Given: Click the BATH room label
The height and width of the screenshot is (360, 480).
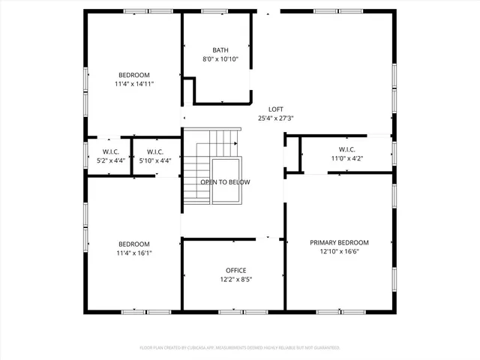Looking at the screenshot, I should click(x=220, y=49).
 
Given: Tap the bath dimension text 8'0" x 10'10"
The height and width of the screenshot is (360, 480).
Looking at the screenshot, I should click(x=220, y=58).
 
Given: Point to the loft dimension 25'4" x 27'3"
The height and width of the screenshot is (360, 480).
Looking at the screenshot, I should click(x=276, y=118).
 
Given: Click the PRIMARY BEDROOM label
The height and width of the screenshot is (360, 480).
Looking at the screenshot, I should click(x=339, y=242).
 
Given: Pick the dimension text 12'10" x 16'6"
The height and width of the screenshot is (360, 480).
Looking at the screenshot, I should click(x=339, y=251).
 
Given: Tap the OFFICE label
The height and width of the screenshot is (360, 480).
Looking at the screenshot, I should click(x=235, y=270).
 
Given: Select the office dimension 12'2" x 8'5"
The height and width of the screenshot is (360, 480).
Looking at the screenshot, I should click(x=235, y=279).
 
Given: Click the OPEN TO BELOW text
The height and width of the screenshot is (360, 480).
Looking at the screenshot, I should click(x=225, y=182).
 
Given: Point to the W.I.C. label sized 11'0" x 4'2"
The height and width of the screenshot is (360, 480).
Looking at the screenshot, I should click(x=346, y=149).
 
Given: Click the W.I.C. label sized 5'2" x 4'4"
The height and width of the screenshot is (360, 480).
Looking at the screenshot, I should click(x=110, y=151).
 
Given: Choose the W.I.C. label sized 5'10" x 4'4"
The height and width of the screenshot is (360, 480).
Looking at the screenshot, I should click(x=155, y=151).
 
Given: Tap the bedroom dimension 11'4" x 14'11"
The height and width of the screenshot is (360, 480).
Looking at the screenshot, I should click(x=133, y=84).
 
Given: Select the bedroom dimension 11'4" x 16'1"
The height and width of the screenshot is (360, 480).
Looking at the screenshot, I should click(x=133, y=253).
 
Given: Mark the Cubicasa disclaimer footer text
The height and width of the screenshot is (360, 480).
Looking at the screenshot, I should click(x=240, y=348).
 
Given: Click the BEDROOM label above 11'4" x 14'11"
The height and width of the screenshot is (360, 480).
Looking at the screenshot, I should click(x=133, y=75).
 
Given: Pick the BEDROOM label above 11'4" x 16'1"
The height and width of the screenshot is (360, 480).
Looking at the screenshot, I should click(x=133, y=244).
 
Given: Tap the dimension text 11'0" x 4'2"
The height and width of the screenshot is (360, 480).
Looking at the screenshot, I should click(x=346, y=158).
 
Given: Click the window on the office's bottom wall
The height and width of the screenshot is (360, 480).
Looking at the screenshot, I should click(x=231, y=310).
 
